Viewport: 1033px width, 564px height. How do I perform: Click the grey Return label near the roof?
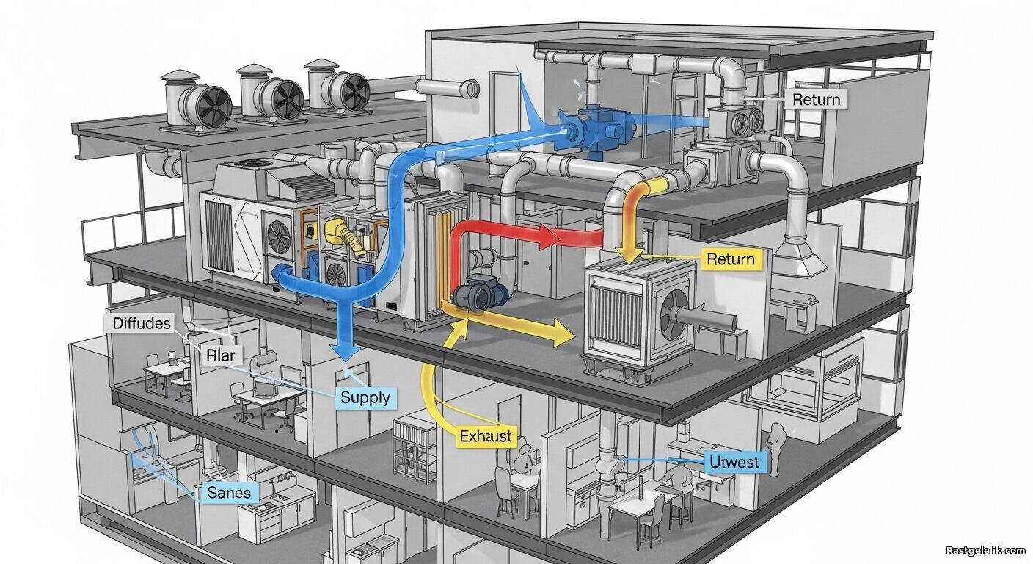pos(816,99)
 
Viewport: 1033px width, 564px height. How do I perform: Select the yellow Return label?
pos(731,259)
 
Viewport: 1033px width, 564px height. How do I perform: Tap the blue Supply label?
pos(365,397)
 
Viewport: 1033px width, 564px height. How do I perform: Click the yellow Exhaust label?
pos(486,436)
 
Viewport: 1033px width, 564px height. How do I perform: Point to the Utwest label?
pos(734,461)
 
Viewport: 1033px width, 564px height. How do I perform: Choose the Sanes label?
pos(229,493)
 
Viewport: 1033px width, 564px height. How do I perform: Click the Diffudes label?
pos(142,323)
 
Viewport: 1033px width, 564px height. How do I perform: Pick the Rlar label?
pos(221,355)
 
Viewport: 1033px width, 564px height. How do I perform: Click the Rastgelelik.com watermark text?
pos(985,550)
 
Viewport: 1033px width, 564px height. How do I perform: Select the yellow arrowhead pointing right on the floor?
pos(563,332)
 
